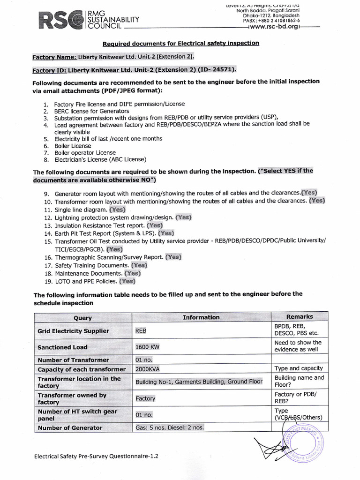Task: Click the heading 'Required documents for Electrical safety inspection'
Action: [x=180, y=44]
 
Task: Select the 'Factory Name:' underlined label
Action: [x=54, y=57]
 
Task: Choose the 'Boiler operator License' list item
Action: [x=84, y=152]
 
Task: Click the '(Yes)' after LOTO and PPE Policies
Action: [x=127, y=281]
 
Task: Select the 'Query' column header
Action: [x=82, y=318]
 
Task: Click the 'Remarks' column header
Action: [x=299, y=317]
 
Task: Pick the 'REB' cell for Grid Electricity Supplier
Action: [x=141, y=331]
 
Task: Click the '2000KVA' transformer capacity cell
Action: [x=148, y=368]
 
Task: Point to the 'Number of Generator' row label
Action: [x=70, y=427]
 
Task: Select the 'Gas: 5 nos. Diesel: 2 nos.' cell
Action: [x=170, y=427]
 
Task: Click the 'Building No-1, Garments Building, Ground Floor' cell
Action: [x=198, y=382]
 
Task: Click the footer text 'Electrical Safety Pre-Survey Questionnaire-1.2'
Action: [x=96, y=456]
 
